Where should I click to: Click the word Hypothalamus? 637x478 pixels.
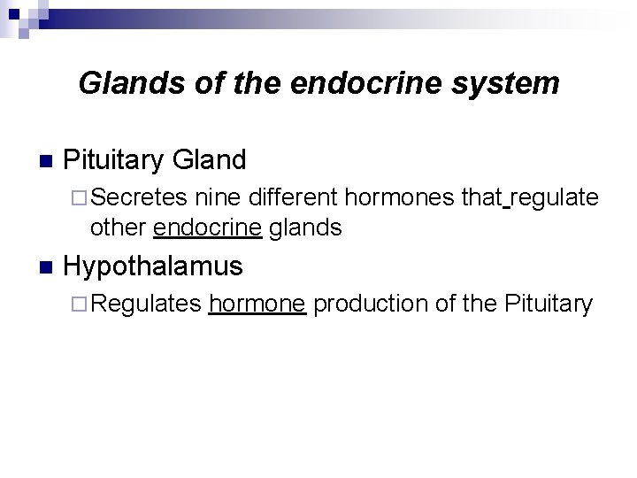tap(154, 266)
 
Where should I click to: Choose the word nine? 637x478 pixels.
tap(219, 197)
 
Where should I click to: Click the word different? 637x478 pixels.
tap(295, 197)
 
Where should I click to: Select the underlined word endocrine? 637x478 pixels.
tap(207, 227)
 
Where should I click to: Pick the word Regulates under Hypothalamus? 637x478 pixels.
tap(146, 304)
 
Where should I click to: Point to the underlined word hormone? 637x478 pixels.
tap(257, 304)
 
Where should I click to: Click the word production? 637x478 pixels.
tap(372, 304)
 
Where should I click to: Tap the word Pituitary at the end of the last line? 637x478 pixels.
tap(548, 304)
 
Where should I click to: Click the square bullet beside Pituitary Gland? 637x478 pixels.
tap(46, 161)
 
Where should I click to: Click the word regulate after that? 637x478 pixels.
tap(555, 197)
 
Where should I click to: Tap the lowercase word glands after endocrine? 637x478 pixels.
tap(305, 227)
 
